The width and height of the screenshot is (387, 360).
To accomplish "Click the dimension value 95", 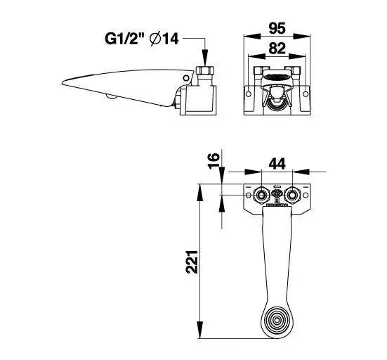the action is (x=277, y=28).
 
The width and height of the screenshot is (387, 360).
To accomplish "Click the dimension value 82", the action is (x=277, y=48).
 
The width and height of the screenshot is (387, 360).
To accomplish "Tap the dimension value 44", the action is (x=277, y=164).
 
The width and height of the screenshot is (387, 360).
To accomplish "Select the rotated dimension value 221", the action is (x=192, y=262).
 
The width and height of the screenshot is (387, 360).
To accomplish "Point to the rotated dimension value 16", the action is (x=214, y=161).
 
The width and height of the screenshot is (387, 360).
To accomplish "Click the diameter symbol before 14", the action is (x=155, y=39).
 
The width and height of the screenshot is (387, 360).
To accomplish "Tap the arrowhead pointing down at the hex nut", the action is (x=205, y=58).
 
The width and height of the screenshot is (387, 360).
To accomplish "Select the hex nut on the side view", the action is (x=205, y=70).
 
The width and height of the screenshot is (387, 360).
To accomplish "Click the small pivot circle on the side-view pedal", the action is (x=186, y=78).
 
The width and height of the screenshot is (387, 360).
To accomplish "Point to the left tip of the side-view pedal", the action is (x=62, y=83).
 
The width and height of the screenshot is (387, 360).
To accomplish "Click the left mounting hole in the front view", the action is (x=249, y=94).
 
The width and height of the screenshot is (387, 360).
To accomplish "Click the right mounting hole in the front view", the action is (x=306, y=94).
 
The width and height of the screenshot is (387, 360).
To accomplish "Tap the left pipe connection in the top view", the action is (x=261, y=195).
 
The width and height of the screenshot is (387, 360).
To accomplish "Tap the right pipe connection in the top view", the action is (x=292, y=195).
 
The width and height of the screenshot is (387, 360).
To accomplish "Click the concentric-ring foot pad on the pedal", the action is (x=277, y=320).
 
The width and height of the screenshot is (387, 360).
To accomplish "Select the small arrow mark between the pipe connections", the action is (x=277, y=186).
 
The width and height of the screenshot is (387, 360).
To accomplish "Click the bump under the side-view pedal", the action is (x=112, y=96).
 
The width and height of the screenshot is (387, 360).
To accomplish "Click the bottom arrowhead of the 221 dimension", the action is (x=200, y=330).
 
